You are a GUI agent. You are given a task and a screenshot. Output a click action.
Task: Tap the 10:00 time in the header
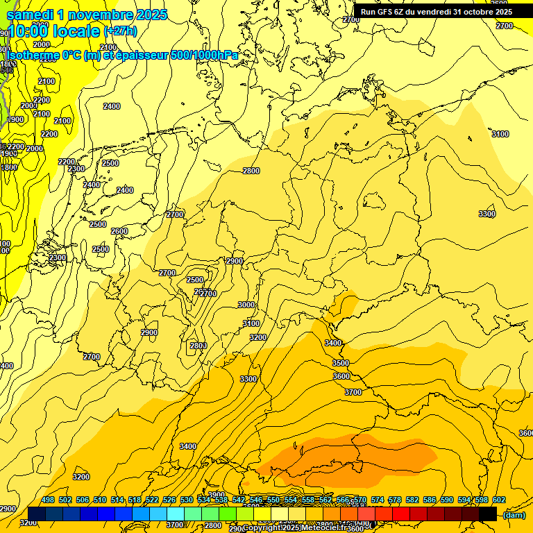(x=28, y=30)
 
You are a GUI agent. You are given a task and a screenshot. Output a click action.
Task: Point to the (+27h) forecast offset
(x=120, y=31)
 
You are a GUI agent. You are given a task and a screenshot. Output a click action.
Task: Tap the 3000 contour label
(x=246, y=305)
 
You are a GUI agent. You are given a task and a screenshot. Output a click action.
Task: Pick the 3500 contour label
(x=341, y=363)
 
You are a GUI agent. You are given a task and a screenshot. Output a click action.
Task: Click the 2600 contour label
(x=119, y=231)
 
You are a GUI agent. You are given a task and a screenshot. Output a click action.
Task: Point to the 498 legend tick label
(x=48, y=500)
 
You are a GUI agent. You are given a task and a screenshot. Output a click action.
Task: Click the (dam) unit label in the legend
(x=514, y=515)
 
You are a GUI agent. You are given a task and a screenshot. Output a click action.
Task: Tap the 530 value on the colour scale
(x=187, y=500)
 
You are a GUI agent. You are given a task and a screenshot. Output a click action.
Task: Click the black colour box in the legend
(x=488, y=514)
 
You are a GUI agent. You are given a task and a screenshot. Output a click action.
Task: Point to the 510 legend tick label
(x=100, y=500)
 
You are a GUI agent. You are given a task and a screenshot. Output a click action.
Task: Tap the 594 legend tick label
(x=463, y=500)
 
